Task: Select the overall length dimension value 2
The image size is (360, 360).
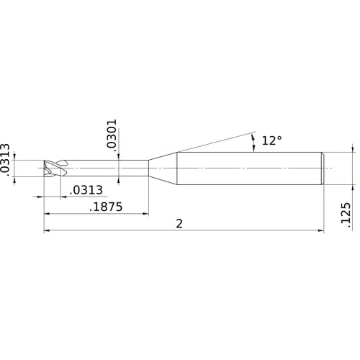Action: tap(179, 223)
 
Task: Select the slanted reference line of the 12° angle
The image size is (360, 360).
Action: tap(216, 143)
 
